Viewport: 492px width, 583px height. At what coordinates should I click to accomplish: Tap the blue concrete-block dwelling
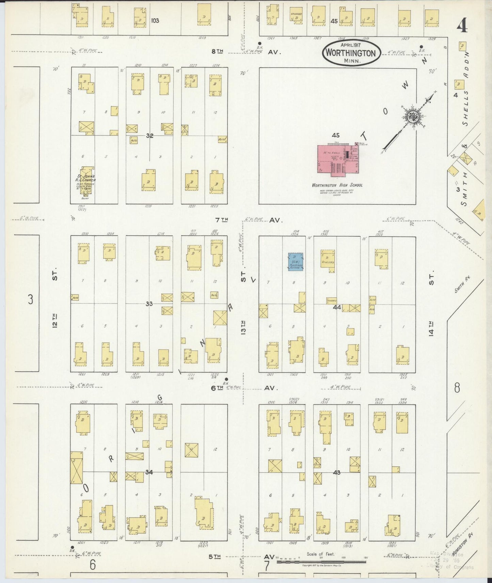296,262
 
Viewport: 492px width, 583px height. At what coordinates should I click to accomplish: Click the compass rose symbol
414,117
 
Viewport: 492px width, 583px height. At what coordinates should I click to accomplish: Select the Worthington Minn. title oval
351,53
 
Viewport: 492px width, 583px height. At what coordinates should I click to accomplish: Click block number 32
149,136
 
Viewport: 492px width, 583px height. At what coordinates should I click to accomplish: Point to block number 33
149,304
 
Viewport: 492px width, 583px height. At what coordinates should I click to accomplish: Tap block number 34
149,472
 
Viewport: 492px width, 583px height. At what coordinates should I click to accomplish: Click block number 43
337,472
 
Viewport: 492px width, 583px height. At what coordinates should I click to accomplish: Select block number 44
337,307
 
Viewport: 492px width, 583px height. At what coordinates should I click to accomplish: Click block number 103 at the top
155,20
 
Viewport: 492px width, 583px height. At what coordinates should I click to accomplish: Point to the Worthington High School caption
337,185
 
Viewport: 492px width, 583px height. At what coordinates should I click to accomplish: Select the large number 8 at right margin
457,387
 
